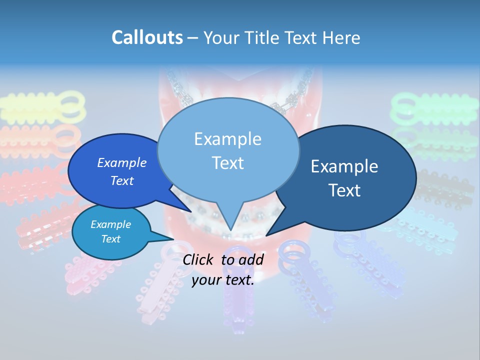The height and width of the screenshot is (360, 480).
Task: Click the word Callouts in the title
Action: (147, 37)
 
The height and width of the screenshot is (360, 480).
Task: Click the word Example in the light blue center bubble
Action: (227, 138)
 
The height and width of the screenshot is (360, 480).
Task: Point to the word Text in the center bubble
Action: (227, 162)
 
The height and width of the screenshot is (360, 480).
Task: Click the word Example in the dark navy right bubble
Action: (344, 166)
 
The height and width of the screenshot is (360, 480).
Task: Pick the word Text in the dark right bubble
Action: (344, 190)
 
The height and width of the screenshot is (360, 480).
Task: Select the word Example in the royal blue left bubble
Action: (122, 162)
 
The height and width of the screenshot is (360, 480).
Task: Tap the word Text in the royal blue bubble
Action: (122, 180)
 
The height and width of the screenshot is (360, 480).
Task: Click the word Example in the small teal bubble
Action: (111, 224)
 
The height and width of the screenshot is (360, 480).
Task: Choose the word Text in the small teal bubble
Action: (111, 239)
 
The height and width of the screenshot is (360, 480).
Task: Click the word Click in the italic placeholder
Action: (199, 259)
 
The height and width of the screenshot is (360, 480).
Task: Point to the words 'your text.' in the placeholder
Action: (223, 280)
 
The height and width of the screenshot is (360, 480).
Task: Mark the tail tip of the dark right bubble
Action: (266, 235)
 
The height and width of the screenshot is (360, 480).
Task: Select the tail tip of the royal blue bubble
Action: (190, 211)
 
